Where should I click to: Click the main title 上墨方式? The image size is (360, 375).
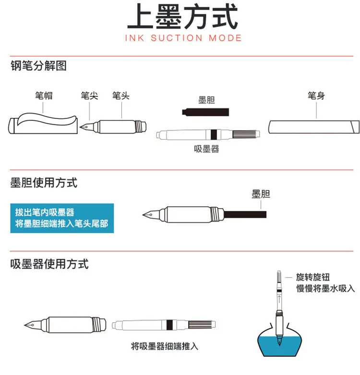pyautogui.click(x=182, y=17)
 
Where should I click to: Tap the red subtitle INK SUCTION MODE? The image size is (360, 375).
pyautogui.click(x=183, y=38)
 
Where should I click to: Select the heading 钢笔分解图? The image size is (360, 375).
pyautogui.click(x=38, y=66)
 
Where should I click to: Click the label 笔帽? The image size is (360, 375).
pyautogui.click(x=44, y=95)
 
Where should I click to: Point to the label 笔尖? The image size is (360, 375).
pyautogui.click(x=90, y=95)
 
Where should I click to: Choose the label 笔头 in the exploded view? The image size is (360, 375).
pyautogui.click(x=121, y=95)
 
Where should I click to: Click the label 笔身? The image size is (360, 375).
pyautogui.click(x=316, y=95)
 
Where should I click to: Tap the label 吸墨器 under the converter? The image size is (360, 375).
pyautogui.click(x=206, y=149)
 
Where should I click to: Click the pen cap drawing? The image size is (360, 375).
pyautogui.click(x=43, y=123)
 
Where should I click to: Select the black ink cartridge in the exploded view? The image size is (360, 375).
pyautogui.click(x=205, y=112)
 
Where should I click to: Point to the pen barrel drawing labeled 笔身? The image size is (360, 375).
pyautogui.click(x=314, y=127)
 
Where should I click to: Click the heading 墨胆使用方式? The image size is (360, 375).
pyautogui.click(x=44, y=183)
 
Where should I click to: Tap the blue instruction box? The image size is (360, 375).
pyautogui.click(x=62, y=218)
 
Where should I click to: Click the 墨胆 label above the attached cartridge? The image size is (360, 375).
pyautogui.click(x=261, y=194)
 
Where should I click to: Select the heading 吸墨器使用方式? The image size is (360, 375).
pyautogui.click(x=49, y=264)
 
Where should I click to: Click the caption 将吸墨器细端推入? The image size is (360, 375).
pyautogui.click(x=165, y=346)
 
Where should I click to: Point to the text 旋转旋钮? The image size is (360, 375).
pyautogui.click(x=313, y=277)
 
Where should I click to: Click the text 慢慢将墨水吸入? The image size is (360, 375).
pyautogui.click(x=325, y=288)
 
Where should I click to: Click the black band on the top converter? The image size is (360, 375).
pyautogui.click(x=214, y=134)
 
